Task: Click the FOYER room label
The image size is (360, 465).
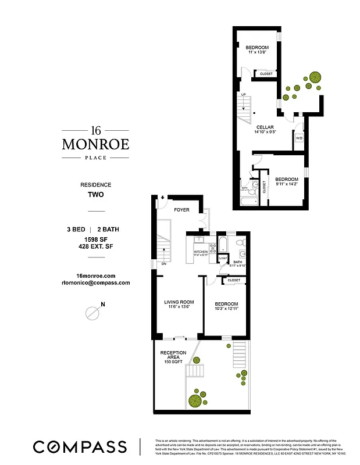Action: coord(181,210)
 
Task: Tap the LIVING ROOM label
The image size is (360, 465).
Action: coord(179,302)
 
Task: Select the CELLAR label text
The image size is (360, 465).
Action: coord(265,126)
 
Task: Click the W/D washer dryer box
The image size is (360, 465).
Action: coord(299,139)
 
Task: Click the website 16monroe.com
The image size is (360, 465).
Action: coord(96,276)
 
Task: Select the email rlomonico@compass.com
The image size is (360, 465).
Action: coord(96,283)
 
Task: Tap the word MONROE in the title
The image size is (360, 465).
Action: coord(95,144)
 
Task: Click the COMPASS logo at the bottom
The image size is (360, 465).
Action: coord(80,446)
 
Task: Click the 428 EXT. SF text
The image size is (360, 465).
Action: coord(96,246)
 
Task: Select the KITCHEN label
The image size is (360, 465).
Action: coord(201,252)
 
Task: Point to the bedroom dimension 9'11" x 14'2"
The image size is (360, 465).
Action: coord(287,184)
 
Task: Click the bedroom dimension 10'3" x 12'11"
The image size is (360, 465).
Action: coord(226,309)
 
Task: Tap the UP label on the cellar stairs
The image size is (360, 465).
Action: coord(243,95)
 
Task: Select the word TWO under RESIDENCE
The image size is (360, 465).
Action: coord(96,195)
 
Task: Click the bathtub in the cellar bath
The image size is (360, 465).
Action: coord(245,202)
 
